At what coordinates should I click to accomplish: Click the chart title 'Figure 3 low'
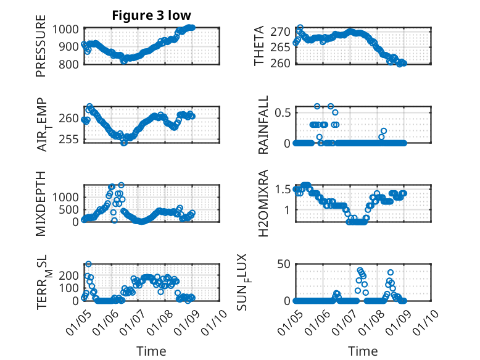(151, 15)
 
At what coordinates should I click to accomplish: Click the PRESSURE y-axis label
(41, 50)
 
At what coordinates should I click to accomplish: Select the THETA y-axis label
(260, 46)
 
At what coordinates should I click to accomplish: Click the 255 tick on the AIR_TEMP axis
(70, 139)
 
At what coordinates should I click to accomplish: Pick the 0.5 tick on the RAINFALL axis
(283, 112)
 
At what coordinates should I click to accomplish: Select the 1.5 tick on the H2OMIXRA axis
(283, 189)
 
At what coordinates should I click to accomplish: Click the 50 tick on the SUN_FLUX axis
(284, 265)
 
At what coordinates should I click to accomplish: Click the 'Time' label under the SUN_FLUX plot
(363, 351)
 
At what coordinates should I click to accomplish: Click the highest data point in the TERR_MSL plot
(88, 264)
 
